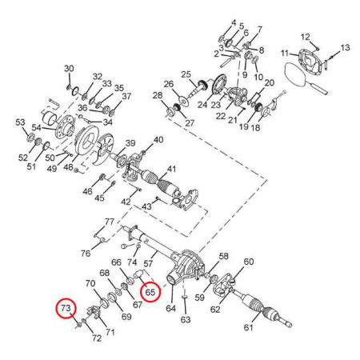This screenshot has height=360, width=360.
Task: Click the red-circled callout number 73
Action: click(x=66, y=308)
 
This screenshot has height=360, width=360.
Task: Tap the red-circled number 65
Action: click(x=150, y=292)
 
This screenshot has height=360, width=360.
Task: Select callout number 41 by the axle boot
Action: click(x=171, y=169)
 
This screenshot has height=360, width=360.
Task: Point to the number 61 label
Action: click(x=248, y=327)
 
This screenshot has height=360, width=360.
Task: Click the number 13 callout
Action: click(x=345, y=48)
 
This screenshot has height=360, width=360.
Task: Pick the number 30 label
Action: click(x=69, y=69)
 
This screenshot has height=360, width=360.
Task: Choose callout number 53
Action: click(x=20, y=122)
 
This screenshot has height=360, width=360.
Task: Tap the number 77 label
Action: click(x=110, y=222)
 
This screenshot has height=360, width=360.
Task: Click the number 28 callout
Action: click(x=158, y=95)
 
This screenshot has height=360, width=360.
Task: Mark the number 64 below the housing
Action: click(x=171, y=308)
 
